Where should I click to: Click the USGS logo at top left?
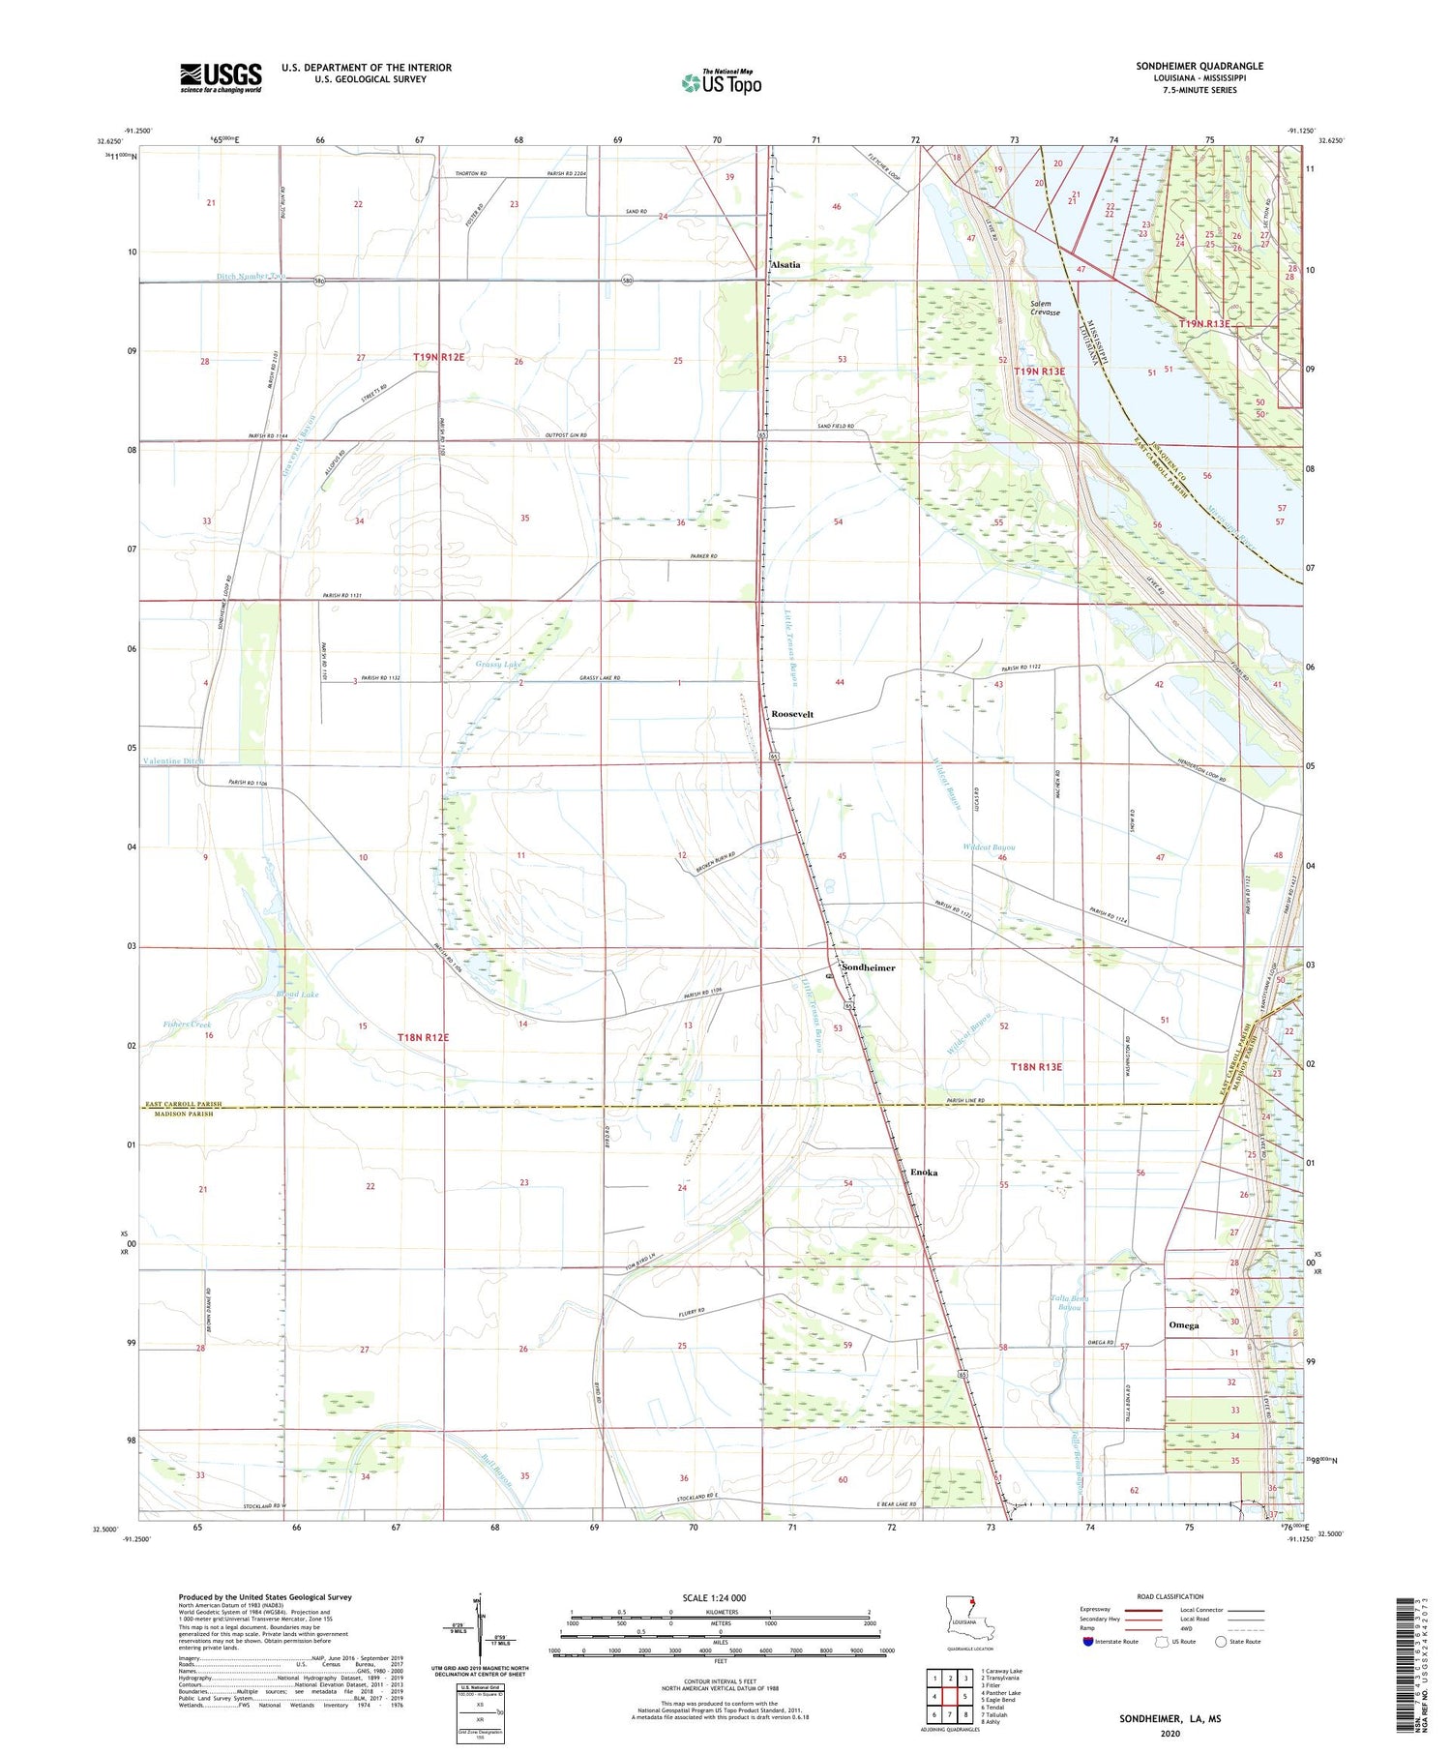221,77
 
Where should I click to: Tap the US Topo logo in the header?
721,83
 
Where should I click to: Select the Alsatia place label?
785,265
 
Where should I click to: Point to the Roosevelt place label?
792,714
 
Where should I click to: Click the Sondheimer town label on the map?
868,967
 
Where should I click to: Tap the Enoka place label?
924,1173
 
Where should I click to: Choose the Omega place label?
1183,1325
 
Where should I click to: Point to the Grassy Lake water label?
499,665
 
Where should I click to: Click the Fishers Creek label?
187,1024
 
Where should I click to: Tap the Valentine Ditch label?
174,761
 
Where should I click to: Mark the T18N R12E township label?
424,1037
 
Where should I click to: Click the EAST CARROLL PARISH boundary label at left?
183,1104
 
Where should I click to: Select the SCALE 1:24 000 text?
714,1597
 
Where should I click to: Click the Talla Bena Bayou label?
1068,1302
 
